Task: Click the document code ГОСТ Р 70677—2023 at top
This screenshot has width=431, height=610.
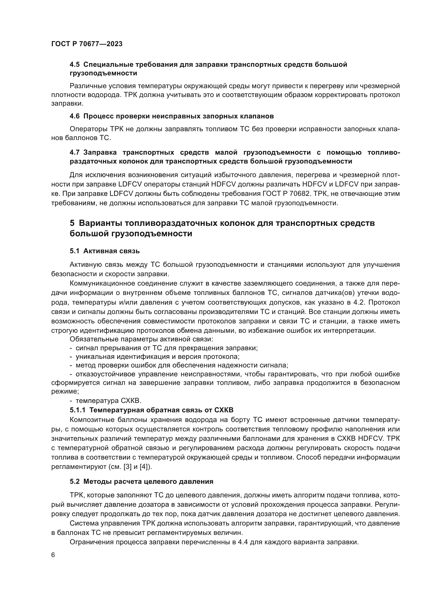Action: pyautogui.click(x=87, y=44)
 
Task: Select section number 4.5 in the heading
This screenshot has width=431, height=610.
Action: pyautogui.click(x=75, y=65)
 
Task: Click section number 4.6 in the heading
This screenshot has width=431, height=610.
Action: pyautogui.click(x=75, y=116)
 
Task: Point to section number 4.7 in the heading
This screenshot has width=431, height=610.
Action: pyautogui.click(x=75, y=153)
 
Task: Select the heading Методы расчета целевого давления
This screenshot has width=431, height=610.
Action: pyautogui.click(x=148, y=481)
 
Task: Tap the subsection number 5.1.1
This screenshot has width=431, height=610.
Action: pyautogui.click(x=77, y=410)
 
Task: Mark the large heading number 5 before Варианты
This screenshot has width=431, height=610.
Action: pyautogui.click(x=72, y=223)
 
